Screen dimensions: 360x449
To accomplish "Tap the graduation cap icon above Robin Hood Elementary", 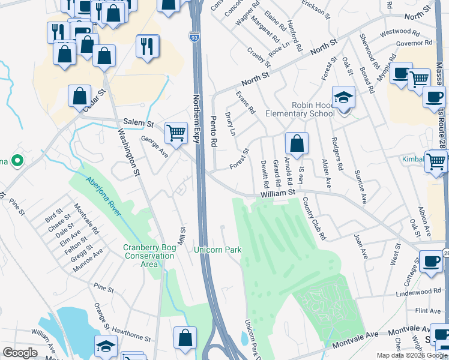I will (x=343, y=97).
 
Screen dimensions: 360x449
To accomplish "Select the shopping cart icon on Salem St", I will (x=176, y=133).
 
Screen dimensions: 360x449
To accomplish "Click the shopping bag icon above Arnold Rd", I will (x=297, y=144).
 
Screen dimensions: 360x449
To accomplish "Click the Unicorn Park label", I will (x=217, y=249).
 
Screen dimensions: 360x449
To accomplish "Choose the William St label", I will (x=279, y=193).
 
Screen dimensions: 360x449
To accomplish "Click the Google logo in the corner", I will (x=20, y=353).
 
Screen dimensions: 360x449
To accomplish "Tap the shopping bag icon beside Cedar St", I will (x=79, y=97).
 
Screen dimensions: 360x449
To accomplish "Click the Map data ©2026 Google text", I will (x=412, y=355).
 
